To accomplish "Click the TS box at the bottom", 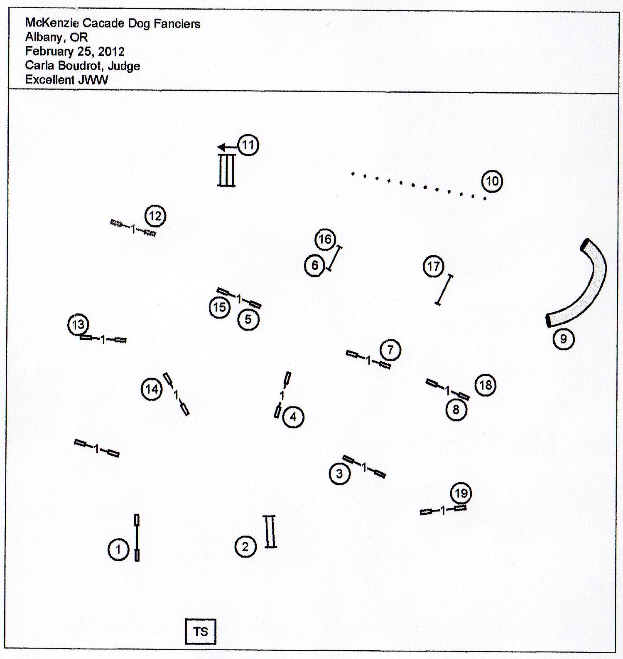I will pos(201,632).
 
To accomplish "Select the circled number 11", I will pos(248,145).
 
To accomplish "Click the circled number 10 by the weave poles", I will pos(492,181).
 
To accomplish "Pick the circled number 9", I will pos(564,339).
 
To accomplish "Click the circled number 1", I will pos(118,550).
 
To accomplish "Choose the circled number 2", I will pos(245,546).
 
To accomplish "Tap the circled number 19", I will pos(461,494).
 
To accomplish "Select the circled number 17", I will pos(434,266).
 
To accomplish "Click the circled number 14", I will pos(152,389).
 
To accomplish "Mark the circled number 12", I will pos(155,216).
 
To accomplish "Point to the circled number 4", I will pos(293,417).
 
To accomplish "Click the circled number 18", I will pos(486,385).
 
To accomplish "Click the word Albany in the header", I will pos(44,37).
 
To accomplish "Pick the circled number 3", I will pos(339,474).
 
